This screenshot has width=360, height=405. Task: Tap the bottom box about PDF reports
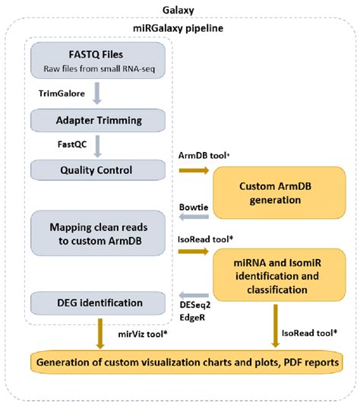[x=185, y=364]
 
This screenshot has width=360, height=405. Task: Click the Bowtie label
[x=195, y=206]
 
